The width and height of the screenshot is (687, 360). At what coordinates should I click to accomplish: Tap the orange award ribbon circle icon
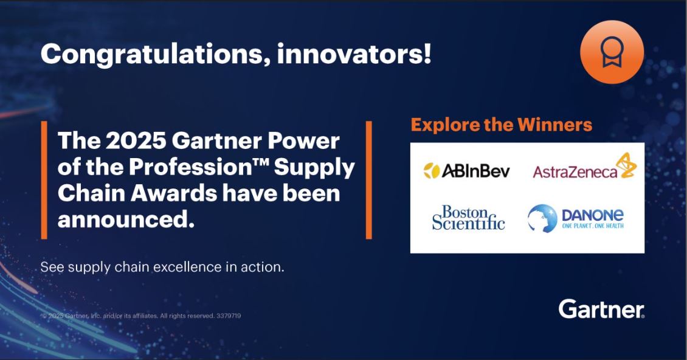pyautogui.click(x=612, y=52)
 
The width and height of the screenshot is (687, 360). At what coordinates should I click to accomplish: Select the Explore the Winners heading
pyautogui.click(x=501, y=125)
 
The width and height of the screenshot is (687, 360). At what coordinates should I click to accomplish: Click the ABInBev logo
pyautogui.click(x=467, y=171)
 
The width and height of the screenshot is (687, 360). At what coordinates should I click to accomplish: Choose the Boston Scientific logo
pyautogui.click(x=468, y=217)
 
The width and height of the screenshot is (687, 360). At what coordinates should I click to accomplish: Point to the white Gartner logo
pyautogui.click(x=601, y=309)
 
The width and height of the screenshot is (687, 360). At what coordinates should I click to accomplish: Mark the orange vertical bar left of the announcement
pyautogui.click(x=44, y=180)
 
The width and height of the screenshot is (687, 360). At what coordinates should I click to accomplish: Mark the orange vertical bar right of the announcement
pyautogui.click(x=368, y=180)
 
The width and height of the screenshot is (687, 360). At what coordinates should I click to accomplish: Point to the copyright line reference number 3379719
pyautogui.click(x=229, y=316)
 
